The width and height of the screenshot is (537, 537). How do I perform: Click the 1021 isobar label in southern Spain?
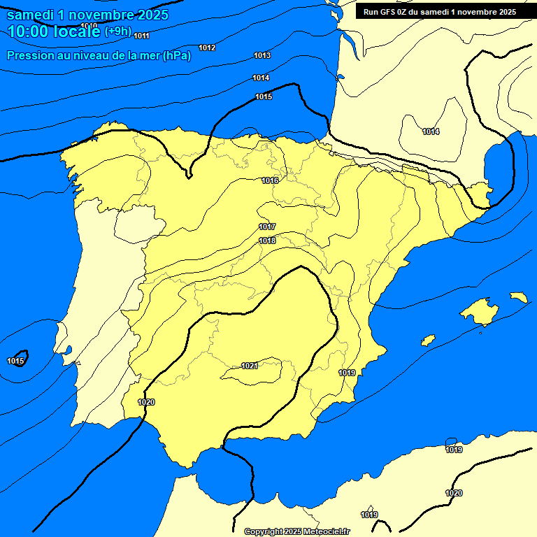pyautogui.click(x=250, y=366)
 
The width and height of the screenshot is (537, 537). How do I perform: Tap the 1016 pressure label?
pyautogui.click(x=271, y=180)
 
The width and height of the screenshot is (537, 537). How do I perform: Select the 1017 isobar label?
pyautogui.click(x=267, y=227)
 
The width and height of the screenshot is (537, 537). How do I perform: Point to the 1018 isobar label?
pyautogui.click(x=267, y=241)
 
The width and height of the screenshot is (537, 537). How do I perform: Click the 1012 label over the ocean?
pyautogui.click(x=207, y=48)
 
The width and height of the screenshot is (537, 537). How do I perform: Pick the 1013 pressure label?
pyautogui.click(x=262, y=55)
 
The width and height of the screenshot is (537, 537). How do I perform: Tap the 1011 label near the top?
pyautogui.click(x=141, y=36)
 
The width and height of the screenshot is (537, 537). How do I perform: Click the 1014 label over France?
pyautogui.click(x=431, y=131)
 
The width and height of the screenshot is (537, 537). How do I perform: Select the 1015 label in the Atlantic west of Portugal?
pyautogui.click(x=16, y=361)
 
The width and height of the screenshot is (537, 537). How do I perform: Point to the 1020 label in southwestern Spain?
pyautogui.click(x=146, y=402)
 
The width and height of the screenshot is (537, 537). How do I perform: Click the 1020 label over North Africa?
pyautogui.click(x=454, y=493)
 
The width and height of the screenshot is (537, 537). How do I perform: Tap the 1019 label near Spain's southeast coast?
pyautogui.click(x=348, y=373)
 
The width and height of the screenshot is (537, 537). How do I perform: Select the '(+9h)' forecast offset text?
pyautogui.click(x=117, y=31)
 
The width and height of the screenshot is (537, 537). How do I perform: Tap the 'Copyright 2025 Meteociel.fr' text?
pyautogui.click(x=296, y=531)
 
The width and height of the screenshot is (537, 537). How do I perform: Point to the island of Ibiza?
pyautogui.click(x=428, y=340)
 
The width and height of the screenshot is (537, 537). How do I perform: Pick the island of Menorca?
pyautogui.click(x=518, y=297)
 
